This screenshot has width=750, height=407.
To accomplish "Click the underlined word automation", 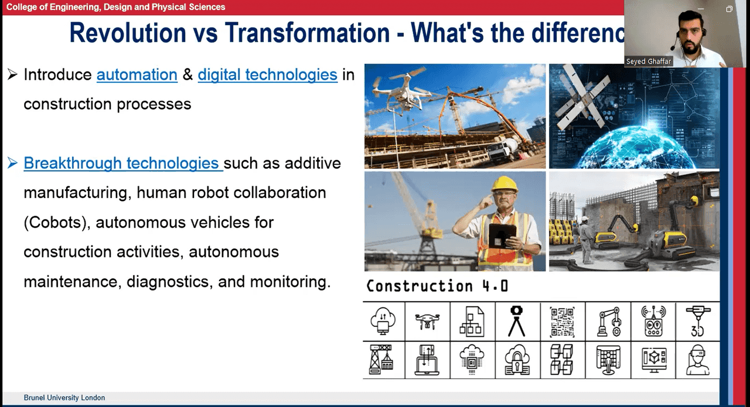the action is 137,74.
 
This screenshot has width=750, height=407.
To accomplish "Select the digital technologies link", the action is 268,74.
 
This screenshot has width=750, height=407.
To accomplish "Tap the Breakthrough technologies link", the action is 123,163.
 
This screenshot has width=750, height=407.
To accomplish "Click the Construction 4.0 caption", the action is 437,286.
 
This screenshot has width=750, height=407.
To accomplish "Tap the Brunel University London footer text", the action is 64,398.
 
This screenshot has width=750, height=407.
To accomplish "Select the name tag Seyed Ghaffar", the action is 649,61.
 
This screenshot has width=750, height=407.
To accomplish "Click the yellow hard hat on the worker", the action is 504,184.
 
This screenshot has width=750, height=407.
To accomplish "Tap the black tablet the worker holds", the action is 502,237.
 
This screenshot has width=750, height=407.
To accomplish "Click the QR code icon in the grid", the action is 562,322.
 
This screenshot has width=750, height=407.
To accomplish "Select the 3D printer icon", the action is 698,322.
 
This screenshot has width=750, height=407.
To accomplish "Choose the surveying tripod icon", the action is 517,321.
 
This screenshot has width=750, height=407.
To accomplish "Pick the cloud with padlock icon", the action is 517,360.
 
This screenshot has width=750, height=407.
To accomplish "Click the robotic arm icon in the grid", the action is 609,322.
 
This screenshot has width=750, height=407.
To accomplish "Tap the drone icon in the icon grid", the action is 427,322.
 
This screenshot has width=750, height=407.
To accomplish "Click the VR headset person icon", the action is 697,360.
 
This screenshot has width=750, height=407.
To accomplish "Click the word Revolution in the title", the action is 128,33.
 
